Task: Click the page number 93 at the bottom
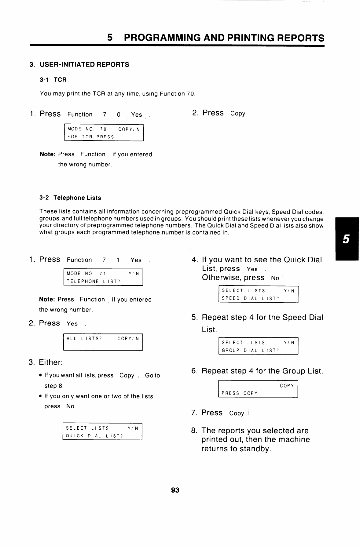pyautogui.click(x=175, y=490)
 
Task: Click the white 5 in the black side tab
pyautogui.click(x=346, y=239)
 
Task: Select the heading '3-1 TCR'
pyautogui.click(x=53, y=80)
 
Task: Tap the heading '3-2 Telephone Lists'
pyautogui.click(x=70, y=198)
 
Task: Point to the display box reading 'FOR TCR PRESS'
pyautogui.click(x=104, y=133)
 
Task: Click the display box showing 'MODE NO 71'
pyautogui.click(x=103, y=277)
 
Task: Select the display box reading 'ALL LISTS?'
pyautogui.click(x=103, y=342)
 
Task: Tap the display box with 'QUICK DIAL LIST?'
pyautogui.click(x=102, y=432)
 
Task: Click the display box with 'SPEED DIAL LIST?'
pyautogui.click(x=258, y=294)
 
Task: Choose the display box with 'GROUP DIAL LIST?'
pyautogui.click(x=258, y=346)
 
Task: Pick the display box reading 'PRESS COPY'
pyautogui.click(x=258, y=389)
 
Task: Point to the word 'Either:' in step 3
pyautogui.click(x=51, y=362)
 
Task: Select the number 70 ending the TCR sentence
pyautogui.click(x=190, y=94)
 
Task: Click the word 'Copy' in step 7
pyautogui.click(x=237, y=413)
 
